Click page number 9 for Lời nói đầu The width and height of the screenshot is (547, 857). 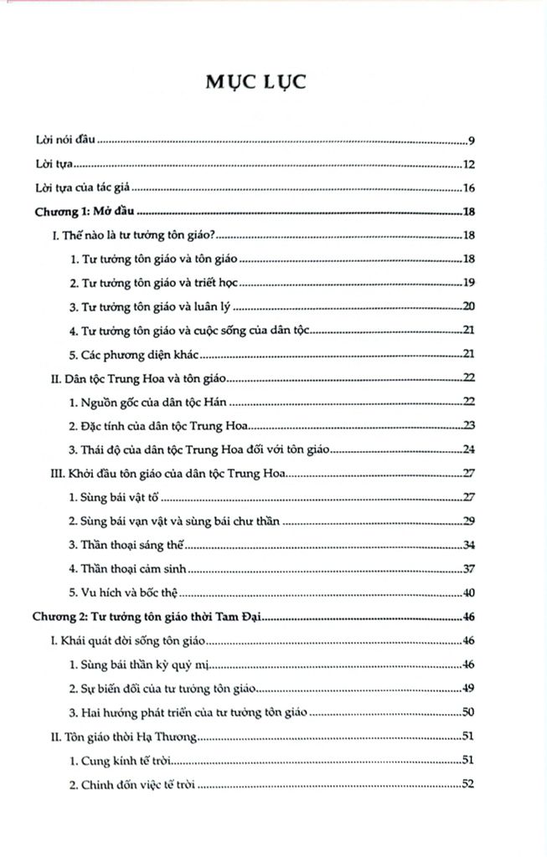pyautogui.click(x=472, y=140)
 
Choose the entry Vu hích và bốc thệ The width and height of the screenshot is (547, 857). pyautogui.click(x=126, y=594)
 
